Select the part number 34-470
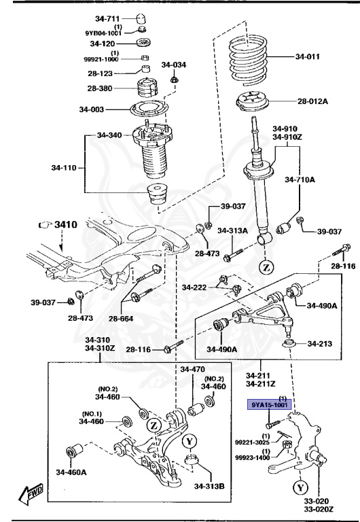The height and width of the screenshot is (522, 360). (x=192, y=369)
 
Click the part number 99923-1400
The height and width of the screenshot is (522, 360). (x=253, y=457)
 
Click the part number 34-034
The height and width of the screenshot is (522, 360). (x=173, y=65)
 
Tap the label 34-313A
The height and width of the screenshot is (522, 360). (x=232, y=230)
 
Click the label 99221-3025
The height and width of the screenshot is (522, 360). (x=253, y=442)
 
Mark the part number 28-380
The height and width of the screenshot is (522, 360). (x=101, y=88)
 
